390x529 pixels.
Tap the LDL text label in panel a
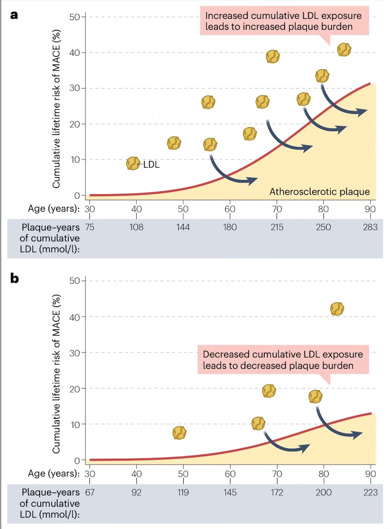(x=151, y=164)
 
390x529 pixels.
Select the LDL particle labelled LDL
(x=133, y=164)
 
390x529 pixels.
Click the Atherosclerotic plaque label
(x=319, y=192)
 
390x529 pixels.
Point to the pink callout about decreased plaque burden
(x=283, y=360)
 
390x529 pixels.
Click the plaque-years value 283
(x=370, y=227)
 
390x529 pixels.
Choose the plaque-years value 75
(x=90, y=227)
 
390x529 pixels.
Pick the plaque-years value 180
(x=230, y=227)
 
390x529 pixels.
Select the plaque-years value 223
(x=370, y=493)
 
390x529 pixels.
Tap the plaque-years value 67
(x=89, y=493)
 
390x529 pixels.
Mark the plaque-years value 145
(x=230, y=493)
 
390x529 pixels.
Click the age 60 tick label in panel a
(x=230, y=208)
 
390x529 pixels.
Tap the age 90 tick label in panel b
(x=371, y=474)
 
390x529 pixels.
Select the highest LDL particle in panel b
(x=337, y=309)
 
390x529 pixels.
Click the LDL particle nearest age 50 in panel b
(x=179, y=433)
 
